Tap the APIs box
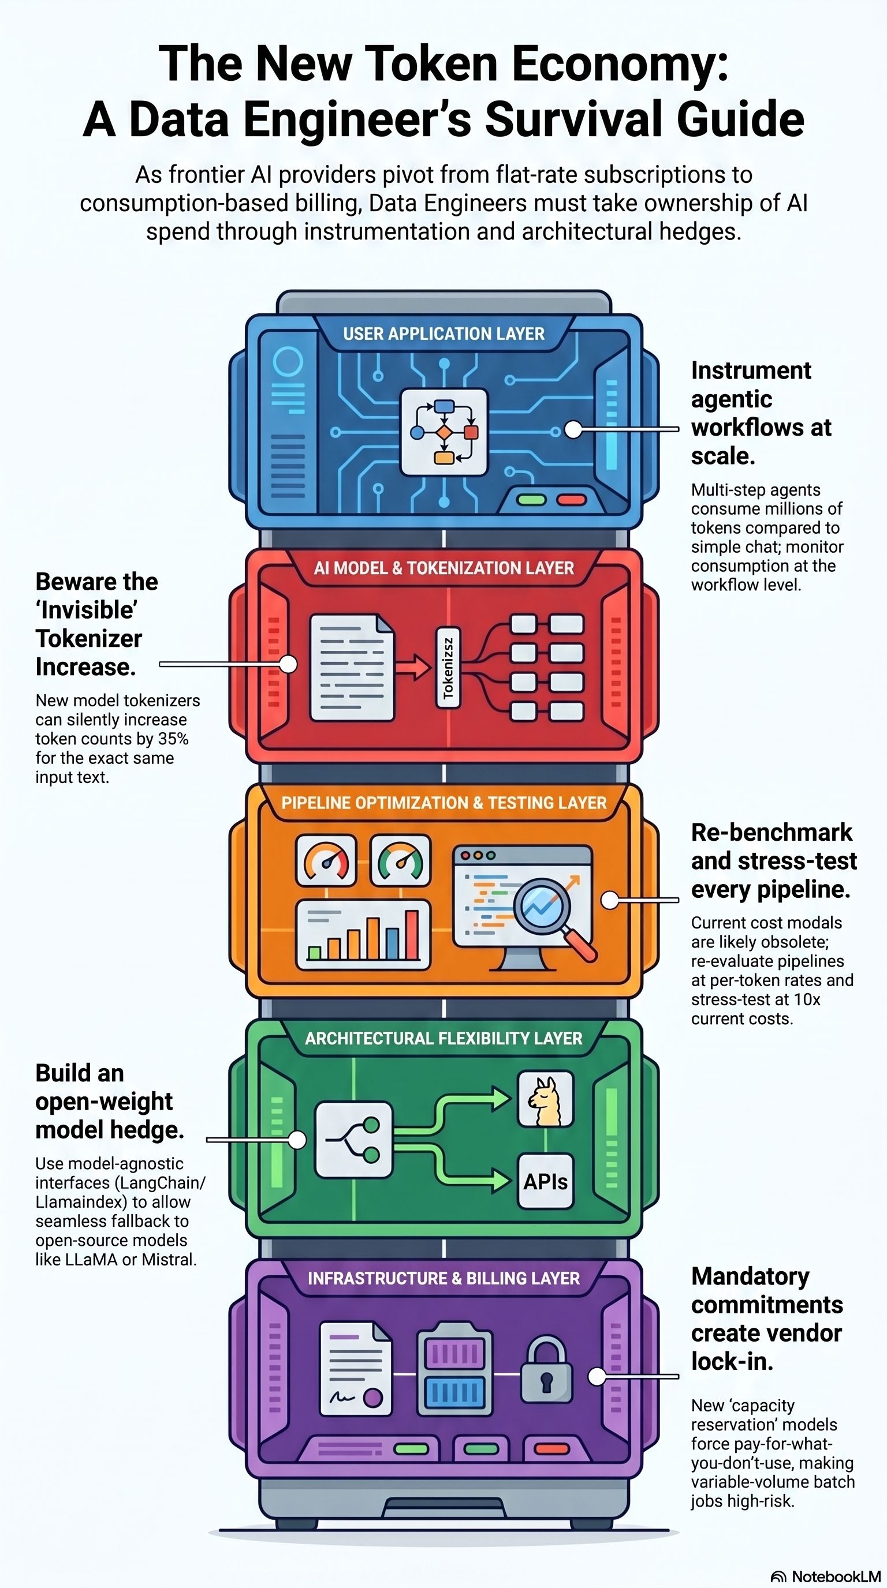545,1181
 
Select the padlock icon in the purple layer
546,1369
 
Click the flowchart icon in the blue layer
443,432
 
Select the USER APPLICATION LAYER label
443,334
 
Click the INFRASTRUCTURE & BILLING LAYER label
443,1279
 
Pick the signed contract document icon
356,1369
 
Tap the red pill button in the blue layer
571,499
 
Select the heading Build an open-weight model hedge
110,1101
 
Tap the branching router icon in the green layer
353,1140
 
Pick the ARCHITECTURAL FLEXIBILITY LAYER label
443,1038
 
